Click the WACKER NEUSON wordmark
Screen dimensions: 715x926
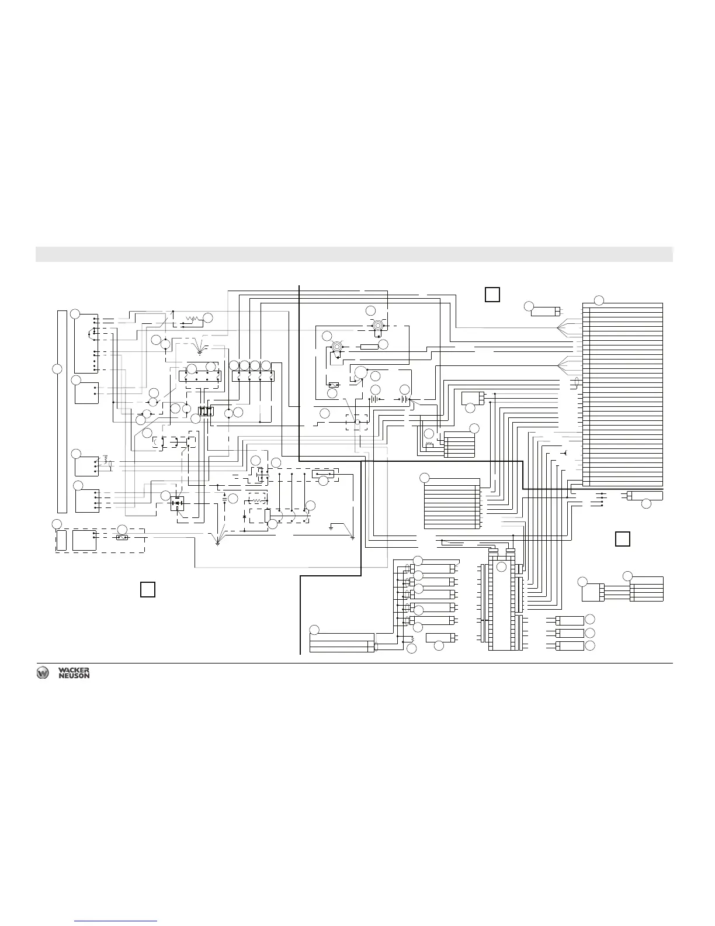74,673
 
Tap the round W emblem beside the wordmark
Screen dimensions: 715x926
43,673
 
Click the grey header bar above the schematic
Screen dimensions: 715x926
354,254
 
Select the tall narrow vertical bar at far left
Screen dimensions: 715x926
62,412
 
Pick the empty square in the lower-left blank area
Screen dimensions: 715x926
148,589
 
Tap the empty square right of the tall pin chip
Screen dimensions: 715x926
623,538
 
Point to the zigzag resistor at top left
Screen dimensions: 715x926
192,319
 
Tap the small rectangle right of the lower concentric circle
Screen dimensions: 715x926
369,347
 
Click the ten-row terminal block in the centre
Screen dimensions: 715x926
451,506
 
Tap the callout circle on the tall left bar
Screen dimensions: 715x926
57,369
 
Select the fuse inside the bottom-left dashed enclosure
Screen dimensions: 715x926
122,537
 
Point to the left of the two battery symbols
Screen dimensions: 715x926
372,400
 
